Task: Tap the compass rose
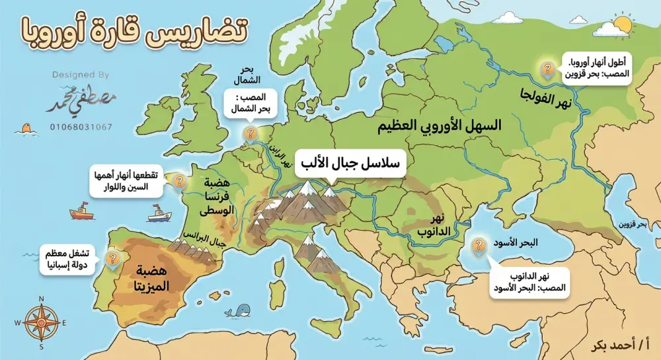[41, 322]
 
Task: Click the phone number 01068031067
[81, 126]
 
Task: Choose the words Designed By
[81, 75]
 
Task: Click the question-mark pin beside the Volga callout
[547, 69]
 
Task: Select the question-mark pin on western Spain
[112, 258]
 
